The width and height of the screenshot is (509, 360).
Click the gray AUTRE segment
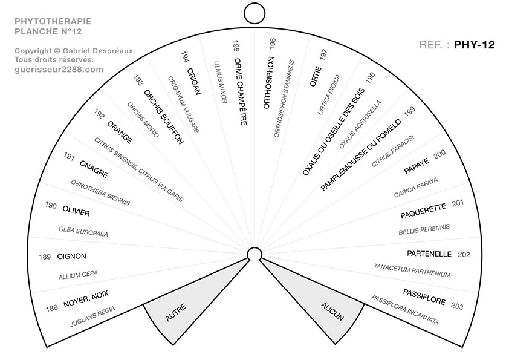click(x=175, y=306)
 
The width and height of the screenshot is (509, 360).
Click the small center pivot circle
click(x=254, y=254)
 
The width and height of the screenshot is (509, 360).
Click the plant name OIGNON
click(x=71, y=256)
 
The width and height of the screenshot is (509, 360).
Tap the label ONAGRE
click(x=94, y=171)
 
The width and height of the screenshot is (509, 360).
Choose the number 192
click(x=99, y=113)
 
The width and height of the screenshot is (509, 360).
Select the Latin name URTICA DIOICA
click(x=329, y=94)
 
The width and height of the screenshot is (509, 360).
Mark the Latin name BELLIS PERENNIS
click(x=424, y=229)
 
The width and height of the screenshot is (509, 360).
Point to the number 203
click(x=457, y=307)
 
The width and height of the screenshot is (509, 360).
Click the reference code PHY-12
click(x=475, y=44)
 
